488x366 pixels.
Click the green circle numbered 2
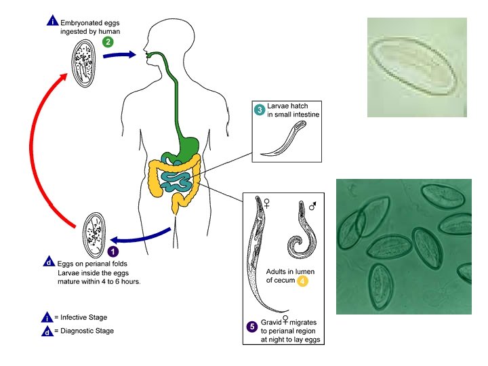click(x=108, y=41)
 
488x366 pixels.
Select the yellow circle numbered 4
click(x=303, y=281)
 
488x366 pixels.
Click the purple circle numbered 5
click(x=252, y=327)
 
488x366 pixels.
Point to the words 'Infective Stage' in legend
click(x=81, y=317)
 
